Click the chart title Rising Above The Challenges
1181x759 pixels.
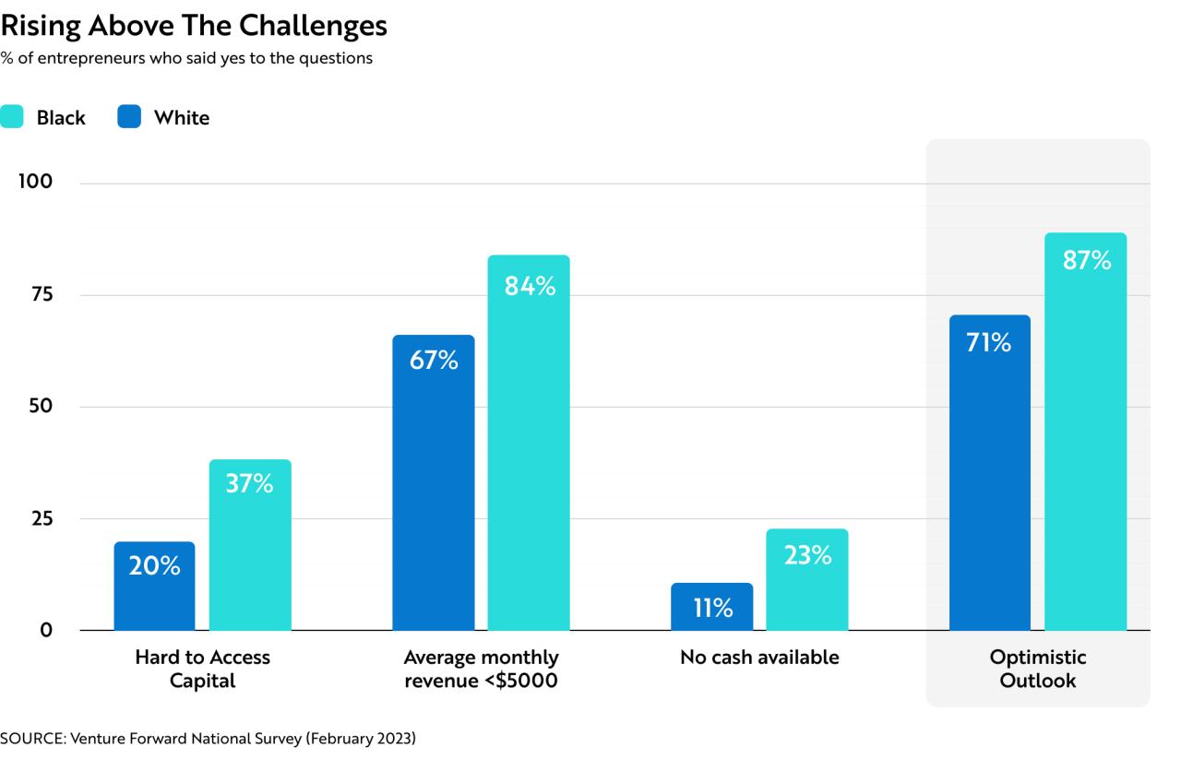pos(194,25)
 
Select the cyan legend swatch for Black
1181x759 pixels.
pos(12,116)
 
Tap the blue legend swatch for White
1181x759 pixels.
pos(129,116)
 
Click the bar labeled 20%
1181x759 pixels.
pos(154,586)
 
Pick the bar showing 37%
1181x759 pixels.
pos(250,544)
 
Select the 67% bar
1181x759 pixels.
pos(434,482)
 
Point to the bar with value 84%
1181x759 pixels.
pos(529,443)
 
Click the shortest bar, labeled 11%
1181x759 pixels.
pos(711,606)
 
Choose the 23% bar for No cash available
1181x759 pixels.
pos(807,579)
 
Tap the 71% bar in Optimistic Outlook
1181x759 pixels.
pos(990,472)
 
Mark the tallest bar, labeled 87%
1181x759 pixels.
pos(1086,432)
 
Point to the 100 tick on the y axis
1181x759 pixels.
pos(35,182)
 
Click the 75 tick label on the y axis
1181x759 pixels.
pos(42,294)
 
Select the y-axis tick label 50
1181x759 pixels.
pos(41,406)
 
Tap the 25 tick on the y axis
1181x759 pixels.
pos(42,518)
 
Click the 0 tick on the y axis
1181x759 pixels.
pos(46,630)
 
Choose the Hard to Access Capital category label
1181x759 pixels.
pos(202,669)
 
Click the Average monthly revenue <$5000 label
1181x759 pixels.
pos(481,669)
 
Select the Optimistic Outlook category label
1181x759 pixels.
pos(1038,669)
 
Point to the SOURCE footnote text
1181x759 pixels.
pos(208,738)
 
